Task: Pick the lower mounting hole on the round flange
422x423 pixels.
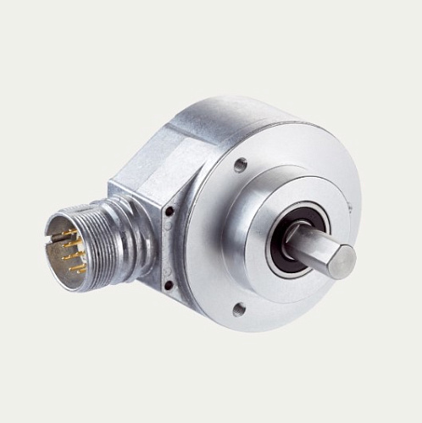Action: pyautogui.click(x=240, y=310)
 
